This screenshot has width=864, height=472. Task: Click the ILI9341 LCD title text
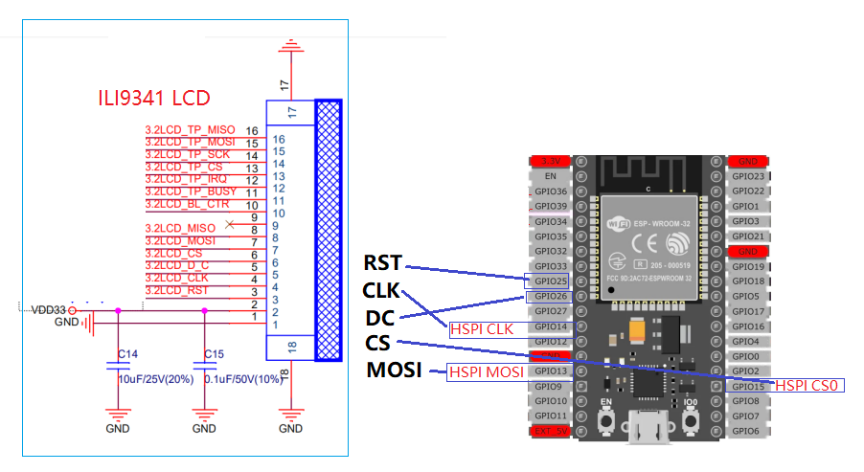(x=154, y=98)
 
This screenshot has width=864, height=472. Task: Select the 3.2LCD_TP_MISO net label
(x=190, y=129)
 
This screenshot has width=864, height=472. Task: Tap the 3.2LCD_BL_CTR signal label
(x=187, y=204)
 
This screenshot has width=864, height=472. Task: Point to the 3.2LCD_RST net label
(x=176, y=290)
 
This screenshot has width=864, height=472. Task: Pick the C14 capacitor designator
(x=127, y=354)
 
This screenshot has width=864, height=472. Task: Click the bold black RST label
(x=383, y=263)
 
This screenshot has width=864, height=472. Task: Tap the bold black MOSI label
(x=395, y=371)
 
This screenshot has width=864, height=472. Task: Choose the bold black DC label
(x=380, y=318)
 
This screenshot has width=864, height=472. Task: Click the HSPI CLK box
(x=481, y=328)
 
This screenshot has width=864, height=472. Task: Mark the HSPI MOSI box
(x=485, y=371)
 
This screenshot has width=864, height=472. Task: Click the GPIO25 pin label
(x=550, y=281)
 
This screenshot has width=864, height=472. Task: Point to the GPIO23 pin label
(x=746, y=177)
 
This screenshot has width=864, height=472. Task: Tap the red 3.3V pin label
(x=550, y=162)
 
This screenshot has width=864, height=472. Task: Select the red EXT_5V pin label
(x=550, y=432)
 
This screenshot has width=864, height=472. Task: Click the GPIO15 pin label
(x=746, y=387)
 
